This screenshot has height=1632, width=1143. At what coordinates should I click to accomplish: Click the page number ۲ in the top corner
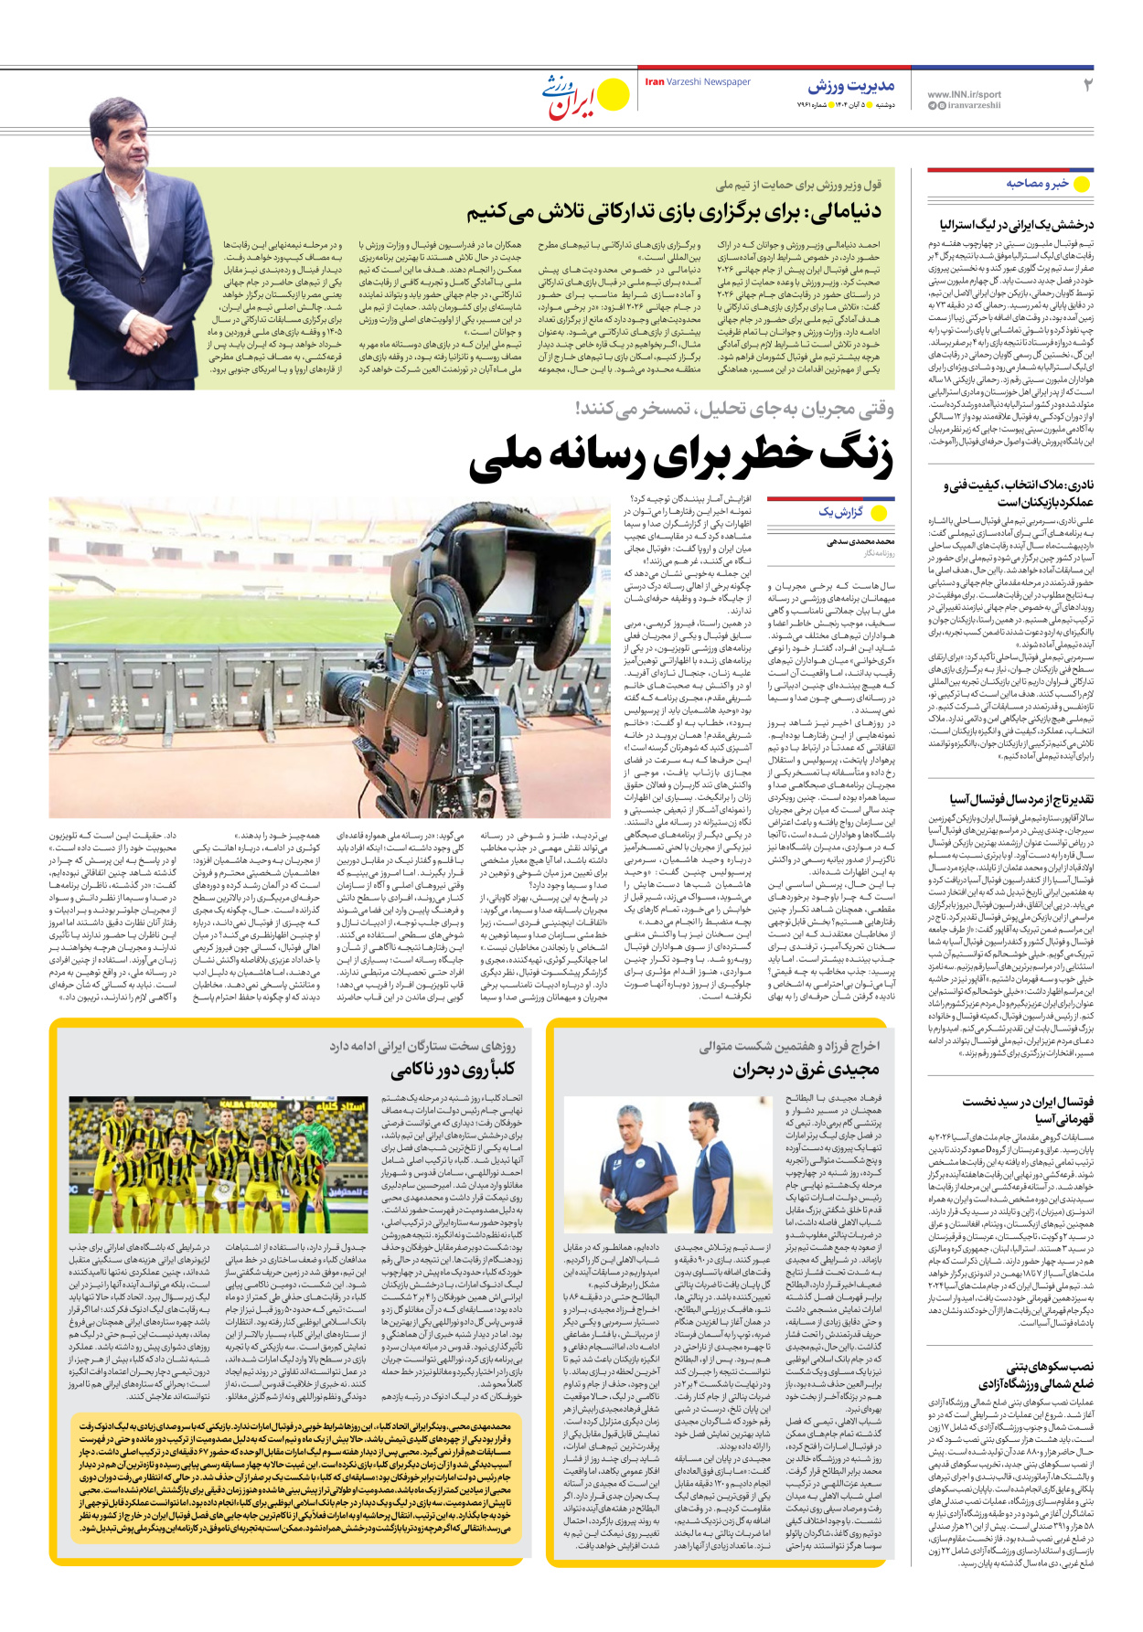[x=1087, y=85]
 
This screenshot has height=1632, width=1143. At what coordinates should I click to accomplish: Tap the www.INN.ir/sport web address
[x=964, y=94]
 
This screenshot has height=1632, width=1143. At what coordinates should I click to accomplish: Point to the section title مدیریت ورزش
[x=850, y=86]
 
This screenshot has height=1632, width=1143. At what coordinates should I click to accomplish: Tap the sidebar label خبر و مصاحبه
[x=1037, y=184]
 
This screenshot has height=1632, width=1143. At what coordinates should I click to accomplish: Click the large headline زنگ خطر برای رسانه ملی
[x=680, y=457]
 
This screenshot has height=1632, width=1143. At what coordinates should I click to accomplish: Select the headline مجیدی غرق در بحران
[x=806, y=1069]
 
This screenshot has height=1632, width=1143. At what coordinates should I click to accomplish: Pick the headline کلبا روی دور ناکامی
[x=454, y=1069]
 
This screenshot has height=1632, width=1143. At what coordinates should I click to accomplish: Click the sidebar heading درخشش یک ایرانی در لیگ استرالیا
[x=1017, y=224]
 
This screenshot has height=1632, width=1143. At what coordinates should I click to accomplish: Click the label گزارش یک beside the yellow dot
[x=839, y=512]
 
